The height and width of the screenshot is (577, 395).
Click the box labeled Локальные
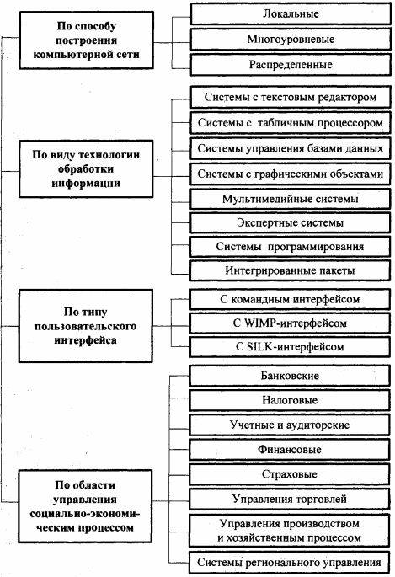[291, 14]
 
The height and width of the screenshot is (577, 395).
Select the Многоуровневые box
[291, 40]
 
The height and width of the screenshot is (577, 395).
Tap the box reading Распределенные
[291, 65]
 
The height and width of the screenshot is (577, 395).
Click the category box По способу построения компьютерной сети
[87, 40]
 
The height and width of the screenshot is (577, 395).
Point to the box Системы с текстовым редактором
[291, 97]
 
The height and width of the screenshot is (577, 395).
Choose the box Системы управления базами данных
[291, 148]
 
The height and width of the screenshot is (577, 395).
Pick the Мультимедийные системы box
[291, 199]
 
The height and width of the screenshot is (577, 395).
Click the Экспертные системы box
[291, 222]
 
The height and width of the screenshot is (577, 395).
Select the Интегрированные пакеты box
[291, 270]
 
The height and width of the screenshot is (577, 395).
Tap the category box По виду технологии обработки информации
[86, 169]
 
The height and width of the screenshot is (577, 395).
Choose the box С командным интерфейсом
[291, 299]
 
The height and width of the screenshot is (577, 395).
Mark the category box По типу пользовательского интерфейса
[86, 326]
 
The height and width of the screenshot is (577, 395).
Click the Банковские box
[290, 376]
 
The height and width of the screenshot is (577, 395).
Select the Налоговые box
[290, 400]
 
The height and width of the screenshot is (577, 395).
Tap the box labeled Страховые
[290, 474]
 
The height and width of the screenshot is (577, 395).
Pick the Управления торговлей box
[290, 499]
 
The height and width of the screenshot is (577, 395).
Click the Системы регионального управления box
[289, 563]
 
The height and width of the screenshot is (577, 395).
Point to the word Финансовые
[290, 449]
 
